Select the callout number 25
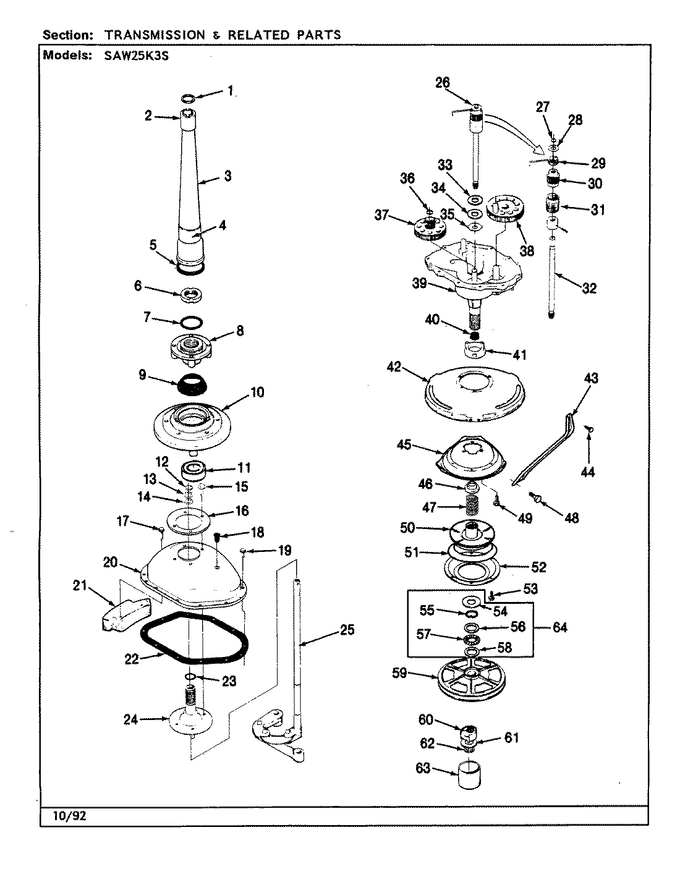pyautogui.click(x=347, y=630)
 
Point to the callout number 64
pyautogui.click(x=559, y=628)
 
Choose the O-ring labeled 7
pyautogui.click(x=191, y=321)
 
